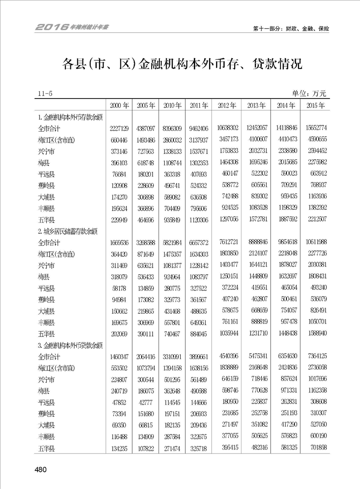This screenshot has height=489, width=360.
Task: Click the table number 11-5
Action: tap(45, 94)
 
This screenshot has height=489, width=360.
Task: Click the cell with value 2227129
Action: tap(119, 128)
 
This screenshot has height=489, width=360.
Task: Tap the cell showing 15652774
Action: tap(315, 128)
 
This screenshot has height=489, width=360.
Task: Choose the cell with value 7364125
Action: tap(315, 357)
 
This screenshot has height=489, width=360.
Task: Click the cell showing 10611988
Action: tap(315, 243)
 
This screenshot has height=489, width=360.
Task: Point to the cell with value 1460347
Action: tap(119, 357)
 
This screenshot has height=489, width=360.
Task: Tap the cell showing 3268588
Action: tap(146, 243)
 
